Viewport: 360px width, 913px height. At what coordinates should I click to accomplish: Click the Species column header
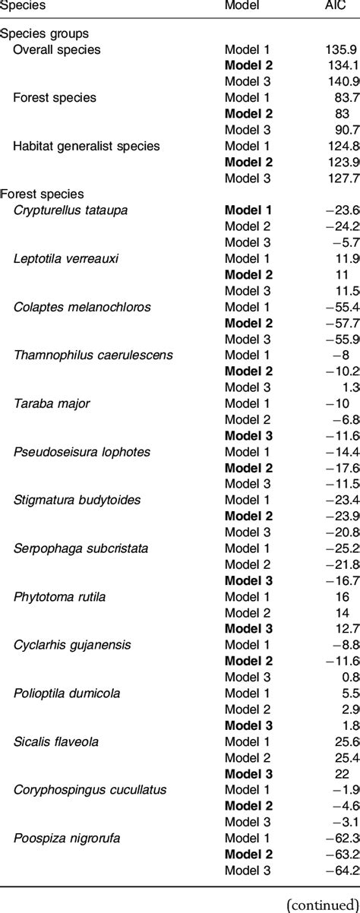point(22,5)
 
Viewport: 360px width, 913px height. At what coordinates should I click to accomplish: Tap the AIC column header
point(336,5)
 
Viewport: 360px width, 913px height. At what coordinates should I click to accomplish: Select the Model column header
point(242,5)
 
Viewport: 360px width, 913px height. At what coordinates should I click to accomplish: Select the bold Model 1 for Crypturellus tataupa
point(242,210)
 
